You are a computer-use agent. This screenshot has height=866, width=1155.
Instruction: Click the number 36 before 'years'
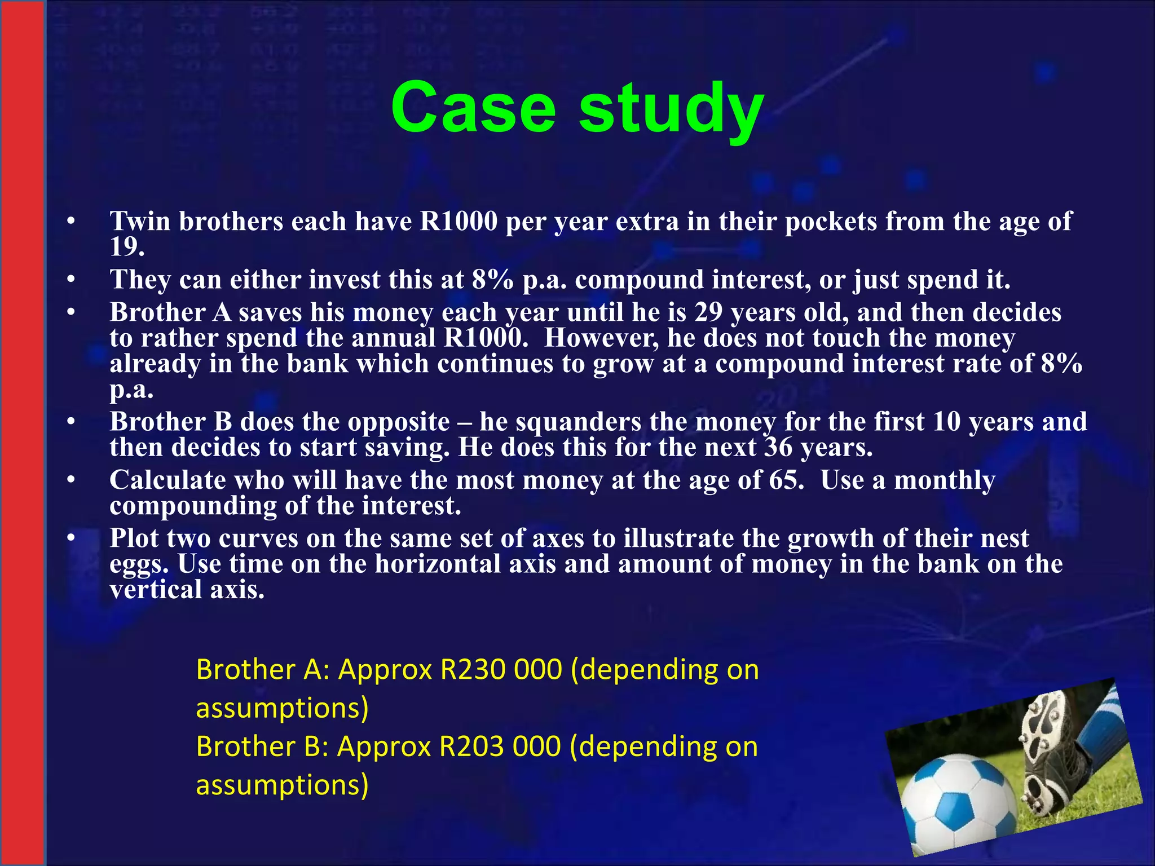coord(778,448)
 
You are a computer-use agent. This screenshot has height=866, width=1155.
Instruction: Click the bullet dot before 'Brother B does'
coord(70,422)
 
